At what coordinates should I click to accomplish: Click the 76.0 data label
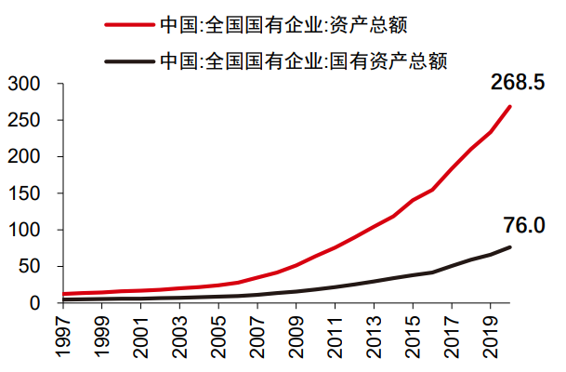click(523, 225)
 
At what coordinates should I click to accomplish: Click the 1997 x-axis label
click(62, 337)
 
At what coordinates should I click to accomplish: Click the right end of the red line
click(510, 106)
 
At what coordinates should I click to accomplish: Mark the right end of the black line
click(510, 246)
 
